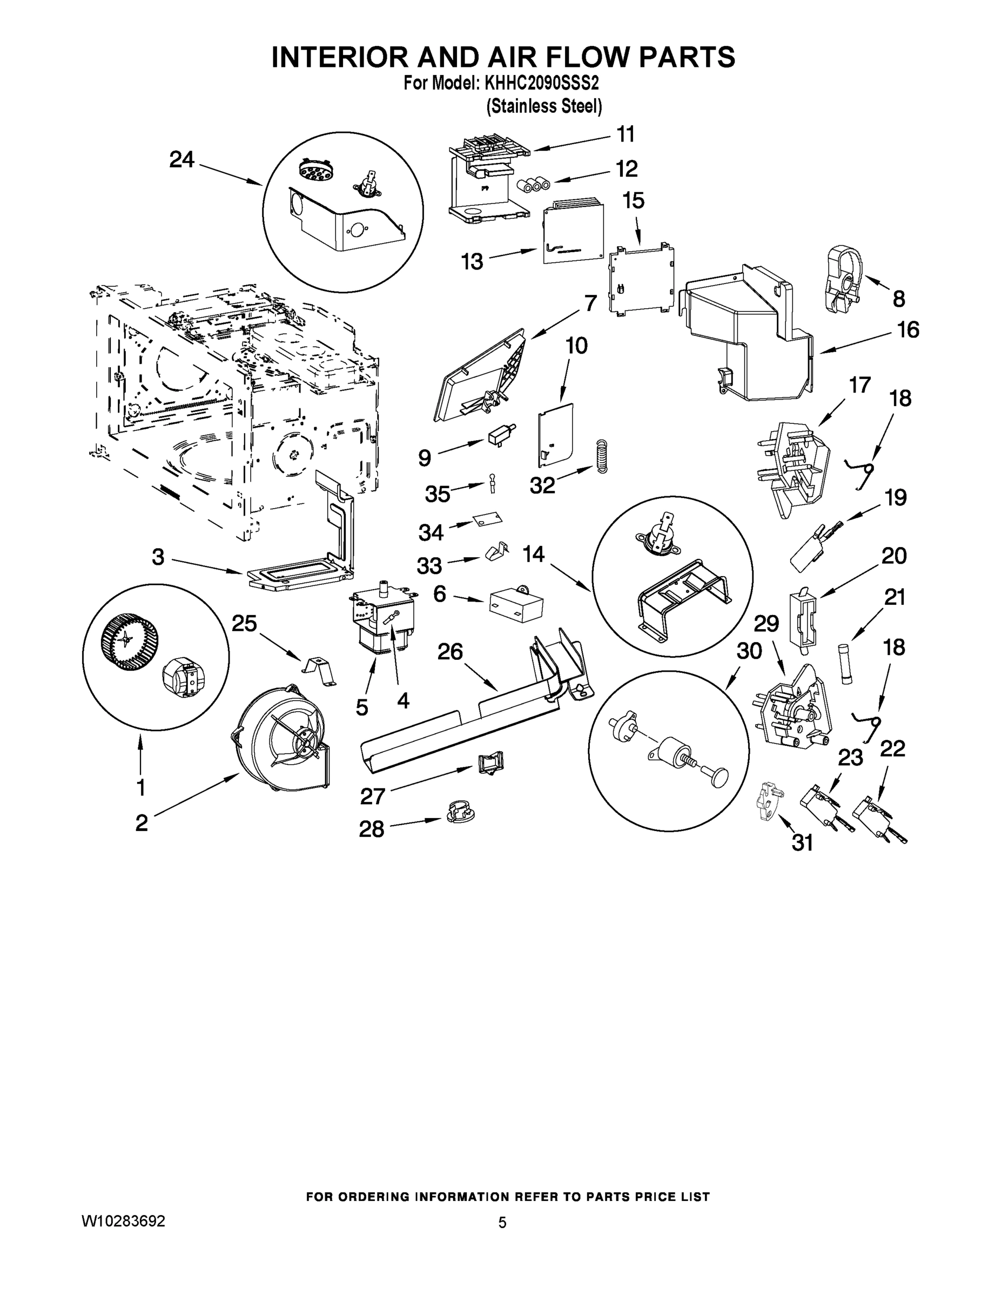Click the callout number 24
(x=181, y=159)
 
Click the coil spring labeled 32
(x=602, y=456)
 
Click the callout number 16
(x=907, y=329)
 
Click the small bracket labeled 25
(x=319, y=671)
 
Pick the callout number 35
(x=438, y=494)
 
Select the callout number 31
(x=803, y=842)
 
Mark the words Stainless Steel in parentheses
(x=544, y=107)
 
